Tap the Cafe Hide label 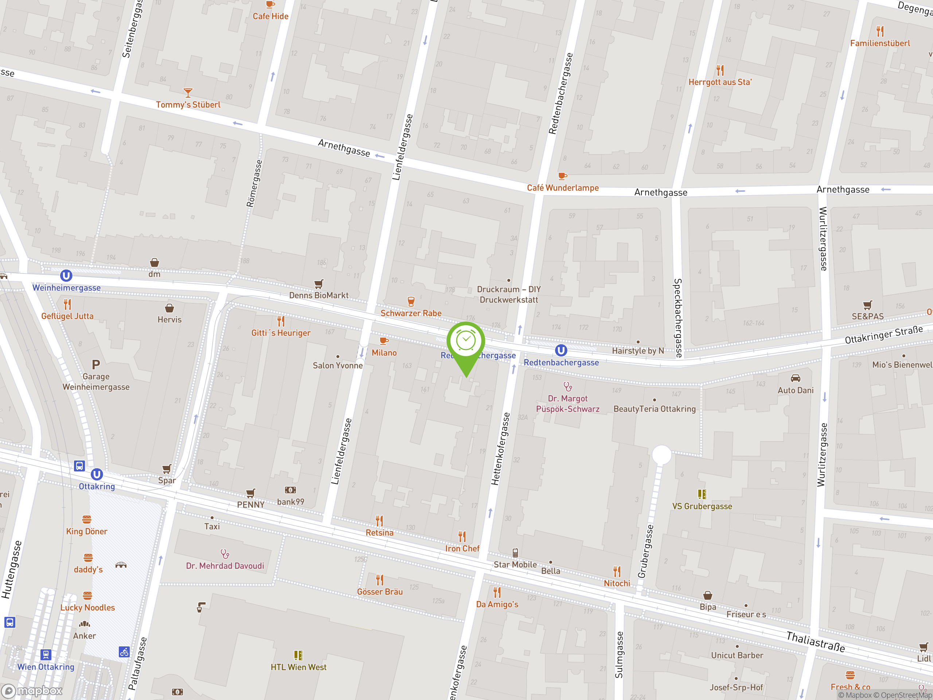pos(270,16)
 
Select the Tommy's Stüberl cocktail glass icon pos(188,92)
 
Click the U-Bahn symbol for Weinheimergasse pos(66,276)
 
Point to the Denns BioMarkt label pos(319,295)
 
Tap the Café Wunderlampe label pos(563,188)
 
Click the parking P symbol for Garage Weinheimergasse pos(96,364)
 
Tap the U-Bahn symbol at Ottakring pos(97,474)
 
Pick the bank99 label pos(290,502)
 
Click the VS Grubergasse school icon pos(702,494)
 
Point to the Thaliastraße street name pos(815,642)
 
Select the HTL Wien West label pos(298,667)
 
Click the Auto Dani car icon pos(796,378)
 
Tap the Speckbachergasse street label pos(678,318)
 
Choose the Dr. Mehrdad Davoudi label pos(225,566)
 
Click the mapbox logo pos(32,691)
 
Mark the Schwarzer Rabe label pos(411,313)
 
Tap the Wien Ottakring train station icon pos(46,654)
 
